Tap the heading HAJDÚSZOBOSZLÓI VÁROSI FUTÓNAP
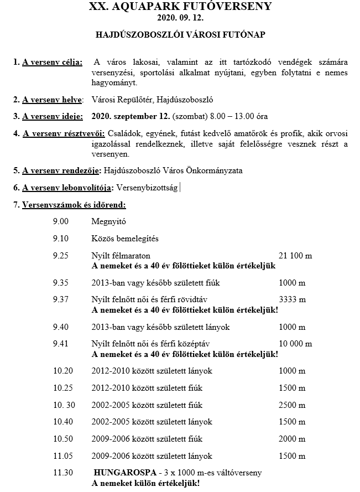[x=180, y=34]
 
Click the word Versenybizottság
[x=147, y=188]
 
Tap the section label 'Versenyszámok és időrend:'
[x=74, y=205]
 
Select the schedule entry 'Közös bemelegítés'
[x=125, y=239]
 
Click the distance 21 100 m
[x=295, y=256]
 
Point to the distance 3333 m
[x=292, y=300]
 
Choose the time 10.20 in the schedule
[x=62, y=371]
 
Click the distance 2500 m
[x=292, y=405]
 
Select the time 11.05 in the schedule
[x=62, y=456]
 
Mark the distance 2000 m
[x=292, y=439]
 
